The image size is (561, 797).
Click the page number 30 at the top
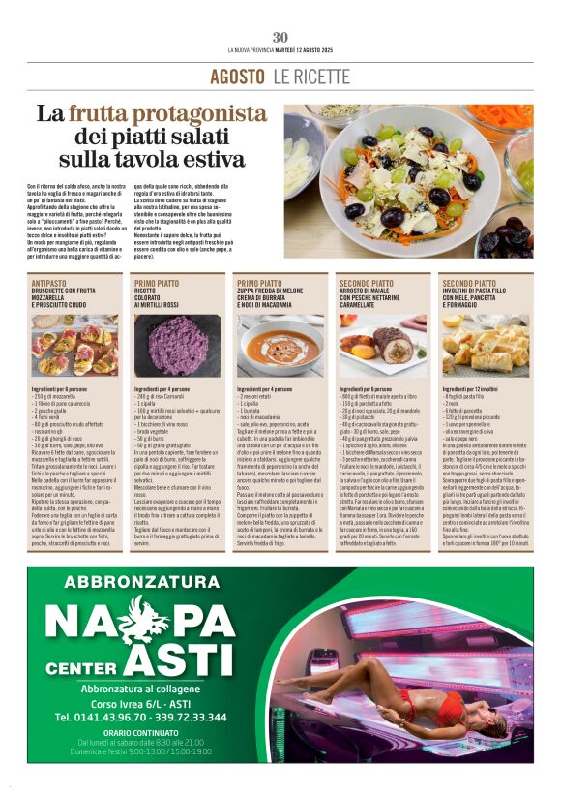[280, 37]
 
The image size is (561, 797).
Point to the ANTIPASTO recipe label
[48, 284]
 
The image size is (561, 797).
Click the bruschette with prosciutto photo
[74, 346]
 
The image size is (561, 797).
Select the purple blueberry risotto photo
[177, 346]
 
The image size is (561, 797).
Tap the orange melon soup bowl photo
[280, 346]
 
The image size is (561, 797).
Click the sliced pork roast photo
[383, 346]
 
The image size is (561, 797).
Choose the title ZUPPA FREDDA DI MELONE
[275, 291]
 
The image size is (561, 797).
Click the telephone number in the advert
[141, 718]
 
